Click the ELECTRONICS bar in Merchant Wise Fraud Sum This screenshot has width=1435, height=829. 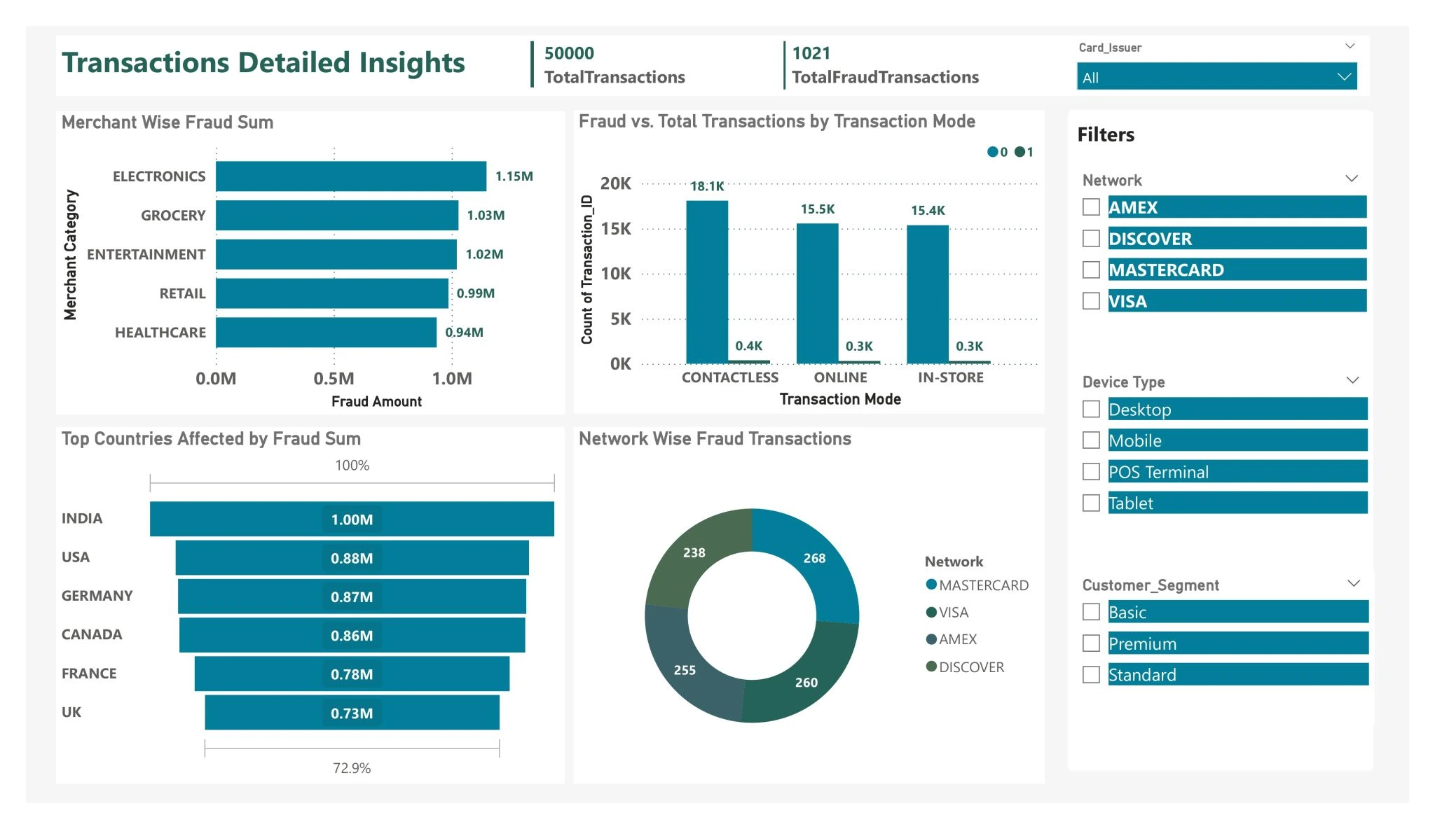[350, 176]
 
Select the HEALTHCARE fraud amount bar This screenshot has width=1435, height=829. [326, 333]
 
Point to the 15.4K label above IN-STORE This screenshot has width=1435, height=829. [928, 211]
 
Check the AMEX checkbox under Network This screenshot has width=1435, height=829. [1091, 207]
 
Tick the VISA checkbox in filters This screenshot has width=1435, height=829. [1091, 301]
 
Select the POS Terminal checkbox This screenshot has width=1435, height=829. [1091, 472]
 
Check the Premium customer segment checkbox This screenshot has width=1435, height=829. [1091, 643]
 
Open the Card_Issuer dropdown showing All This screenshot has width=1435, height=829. [1216, 77]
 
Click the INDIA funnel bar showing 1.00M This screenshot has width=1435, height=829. [352, 520]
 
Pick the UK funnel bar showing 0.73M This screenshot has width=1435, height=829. [352, 713]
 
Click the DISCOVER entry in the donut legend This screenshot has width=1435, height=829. [971, 667]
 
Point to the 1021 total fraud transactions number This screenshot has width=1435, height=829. [811, 53]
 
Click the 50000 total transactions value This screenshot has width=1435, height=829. [569, 53]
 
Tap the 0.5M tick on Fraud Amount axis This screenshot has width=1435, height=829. [334, 379]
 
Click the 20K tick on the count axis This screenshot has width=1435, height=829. [615, 183]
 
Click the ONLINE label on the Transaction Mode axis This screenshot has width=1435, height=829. [840, 377]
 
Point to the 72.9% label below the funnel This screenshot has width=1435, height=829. [352, 768]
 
